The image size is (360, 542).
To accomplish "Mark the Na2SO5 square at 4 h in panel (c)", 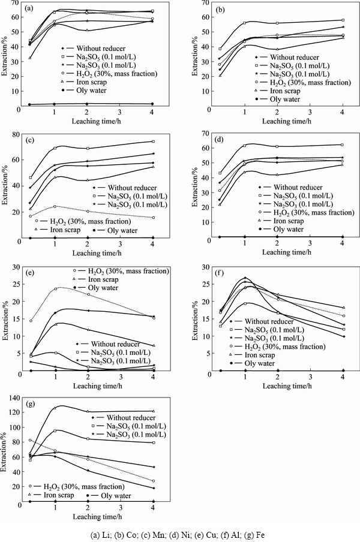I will (153, 141).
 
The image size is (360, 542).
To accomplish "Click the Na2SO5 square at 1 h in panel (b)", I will (244, 23).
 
